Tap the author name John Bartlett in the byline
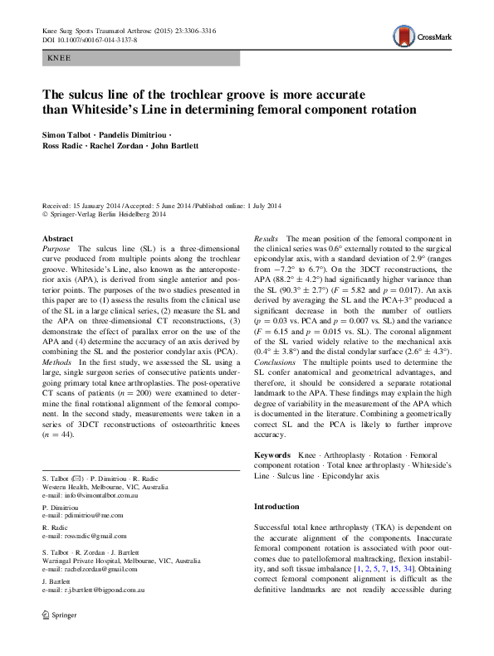[174, 145]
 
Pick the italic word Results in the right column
[266, 239]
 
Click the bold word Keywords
[271, 455]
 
